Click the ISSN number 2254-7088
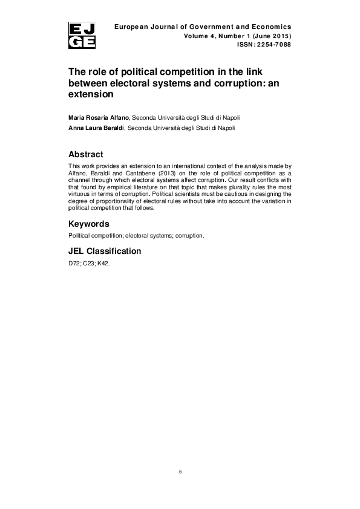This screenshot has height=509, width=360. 273,44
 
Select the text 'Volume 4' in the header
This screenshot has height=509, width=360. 200,36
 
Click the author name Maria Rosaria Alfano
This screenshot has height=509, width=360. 99,117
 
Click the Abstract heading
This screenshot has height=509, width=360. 86,154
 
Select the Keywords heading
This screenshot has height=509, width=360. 89,223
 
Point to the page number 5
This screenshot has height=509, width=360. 180,472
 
